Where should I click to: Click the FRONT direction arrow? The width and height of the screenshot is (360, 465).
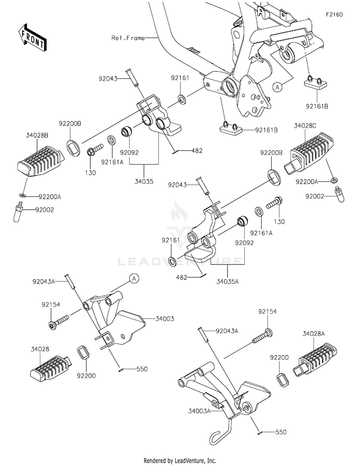point(32,37)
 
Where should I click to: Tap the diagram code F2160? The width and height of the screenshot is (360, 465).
point(334,14)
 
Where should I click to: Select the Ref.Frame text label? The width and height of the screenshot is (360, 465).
point(128,38)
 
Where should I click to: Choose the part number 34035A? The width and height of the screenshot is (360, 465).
point(227,281)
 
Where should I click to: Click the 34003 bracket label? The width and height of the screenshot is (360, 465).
point(165,319)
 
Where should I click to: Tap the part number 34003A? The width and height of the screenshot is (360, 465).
point(199,411)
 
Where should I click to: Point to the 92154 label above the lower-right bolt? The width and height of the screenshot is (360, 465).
point(267,311)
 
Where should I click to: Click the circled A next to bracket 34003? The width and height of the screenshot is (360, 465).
point(134,278)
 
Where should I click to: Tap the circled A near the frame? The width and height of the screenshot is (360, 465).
point(277,87)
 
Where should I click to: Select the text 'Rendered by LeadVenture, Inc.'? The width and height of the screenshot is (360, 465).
point(180,461)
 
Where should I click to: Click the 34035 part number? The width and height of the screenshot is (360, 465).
point(144,181)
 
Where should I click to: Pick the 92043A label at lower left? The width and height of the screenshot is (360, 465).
point(44,281)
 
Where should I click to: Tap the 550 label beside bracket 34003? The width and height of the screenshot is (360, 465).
point(142,369)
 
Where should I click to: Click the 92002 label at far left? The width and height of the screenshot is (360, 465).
point(45,210)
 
